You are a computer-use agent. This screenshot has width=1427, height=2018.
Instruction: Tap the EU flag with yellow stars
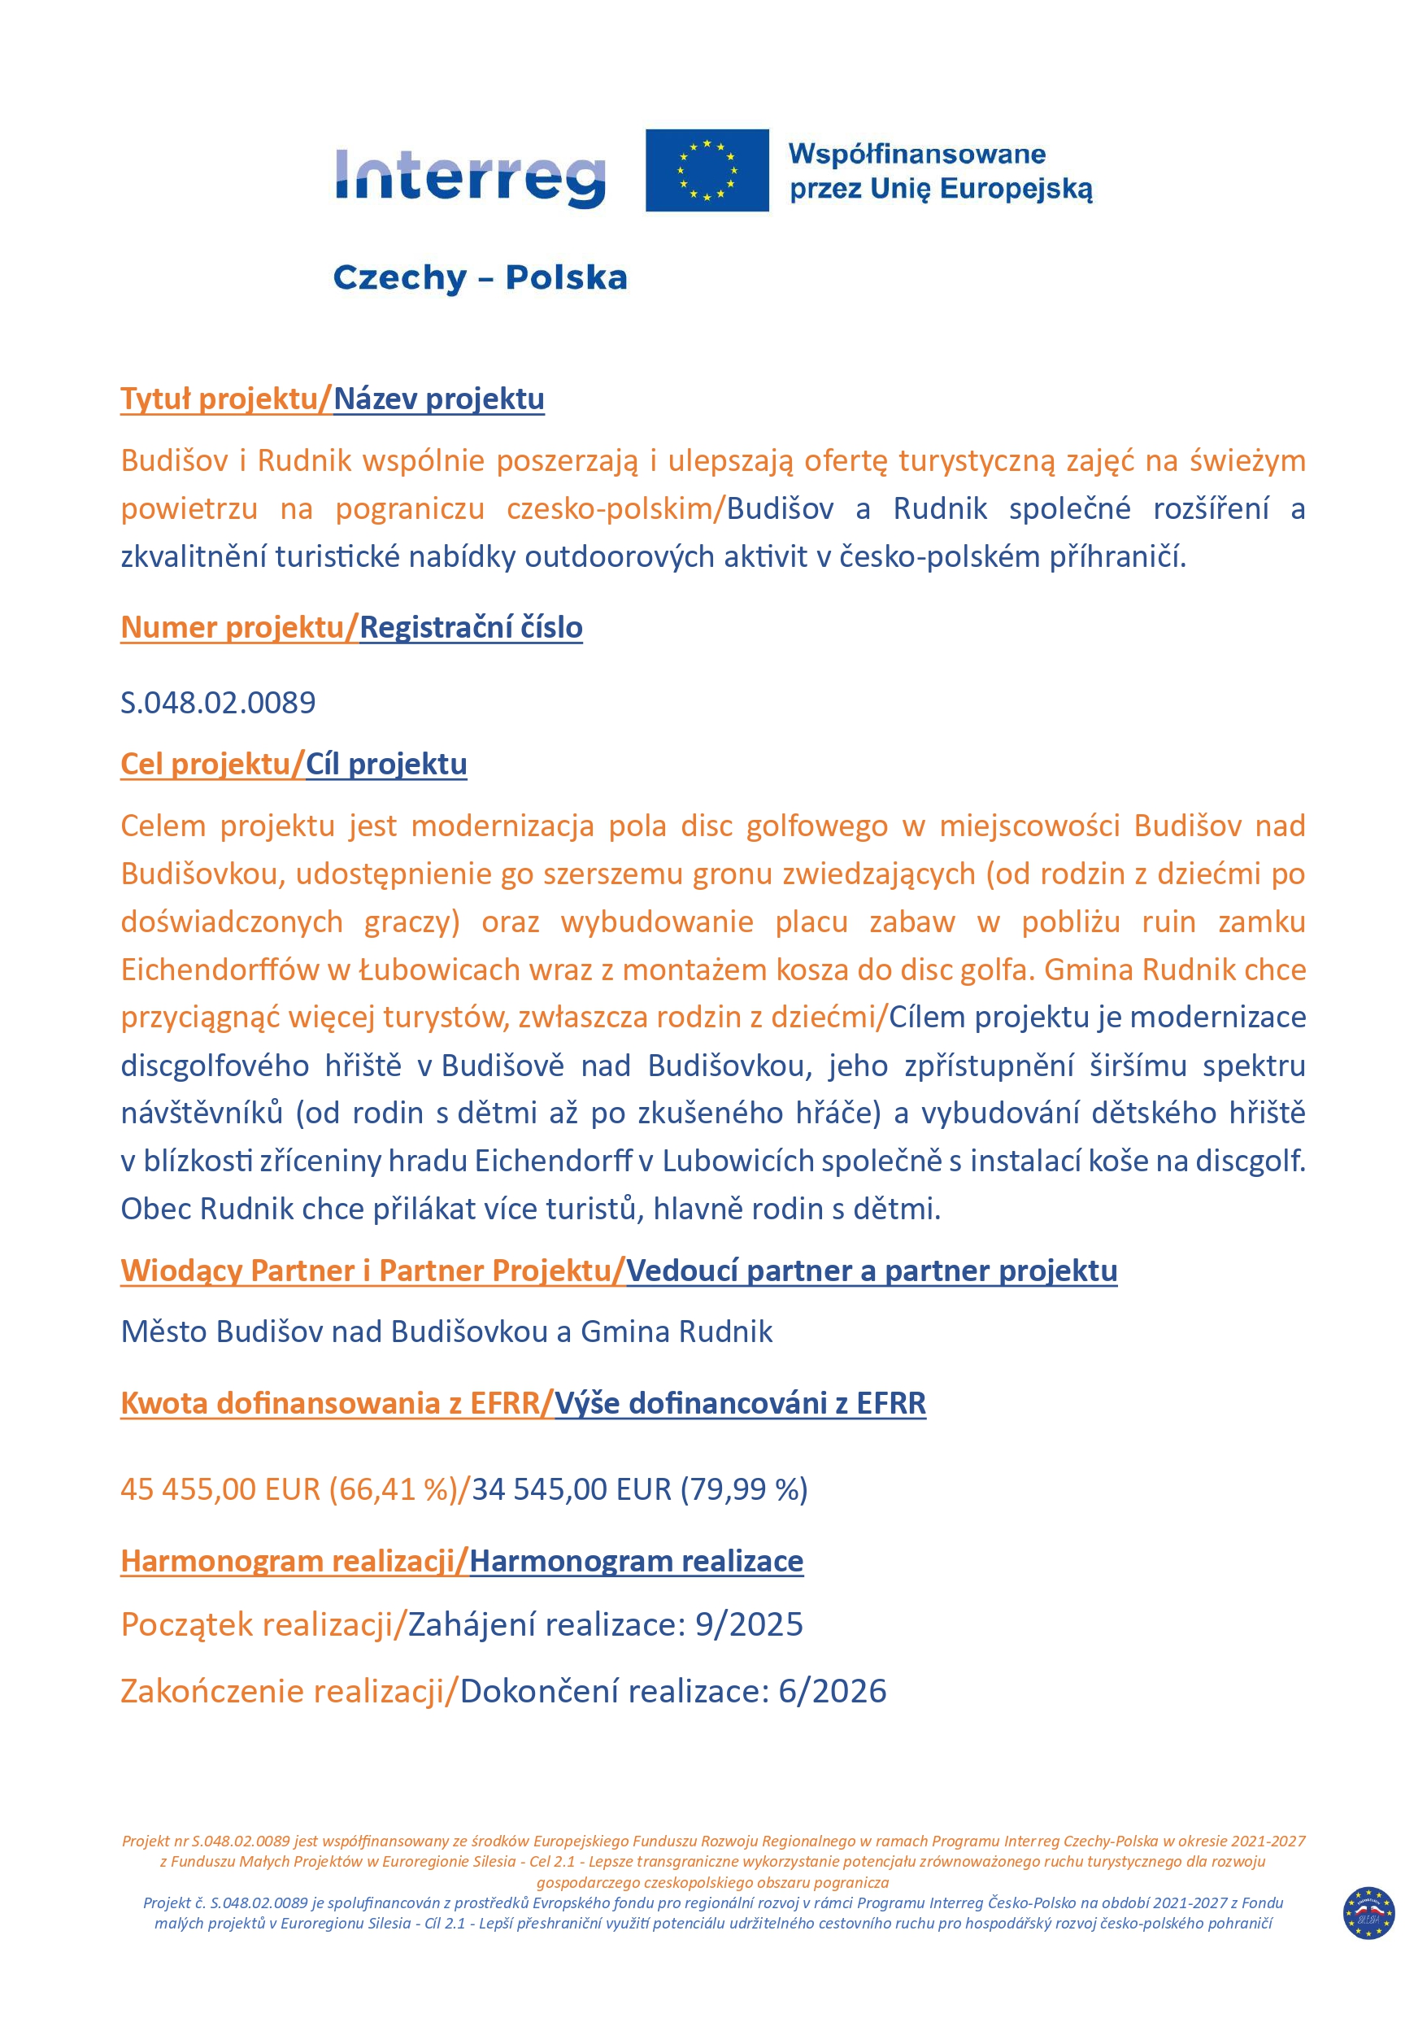coord(707,171)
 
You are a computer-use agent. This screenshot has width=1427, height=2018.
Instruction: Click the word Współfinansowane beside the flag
coord(916,155)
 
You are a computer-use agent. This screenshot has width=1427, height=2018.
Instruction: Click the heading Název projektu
coord(438,399)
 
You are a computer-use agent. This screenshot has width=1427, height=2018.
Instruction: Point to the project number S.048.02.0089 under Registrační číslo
coord(218,702)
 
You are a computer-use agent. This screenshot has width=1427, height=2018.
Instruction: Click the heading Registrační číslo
coord(470,628)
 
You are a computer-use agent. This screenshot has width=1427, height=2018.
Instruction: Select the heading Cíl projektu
coord(385,764)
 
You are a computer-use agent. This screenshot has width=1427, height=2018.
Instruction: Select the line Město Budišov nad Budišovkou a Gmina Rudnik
coord(446,1332)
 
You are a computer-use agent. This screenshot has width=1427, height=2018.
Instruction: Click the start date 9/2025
coord(749,1624)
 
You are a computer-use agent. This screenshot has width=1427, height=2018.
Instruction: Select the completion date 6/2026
coord(832,1691)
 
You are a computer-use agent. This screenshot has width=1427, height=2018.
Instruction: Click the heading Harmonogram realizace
coord(636,1561)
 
